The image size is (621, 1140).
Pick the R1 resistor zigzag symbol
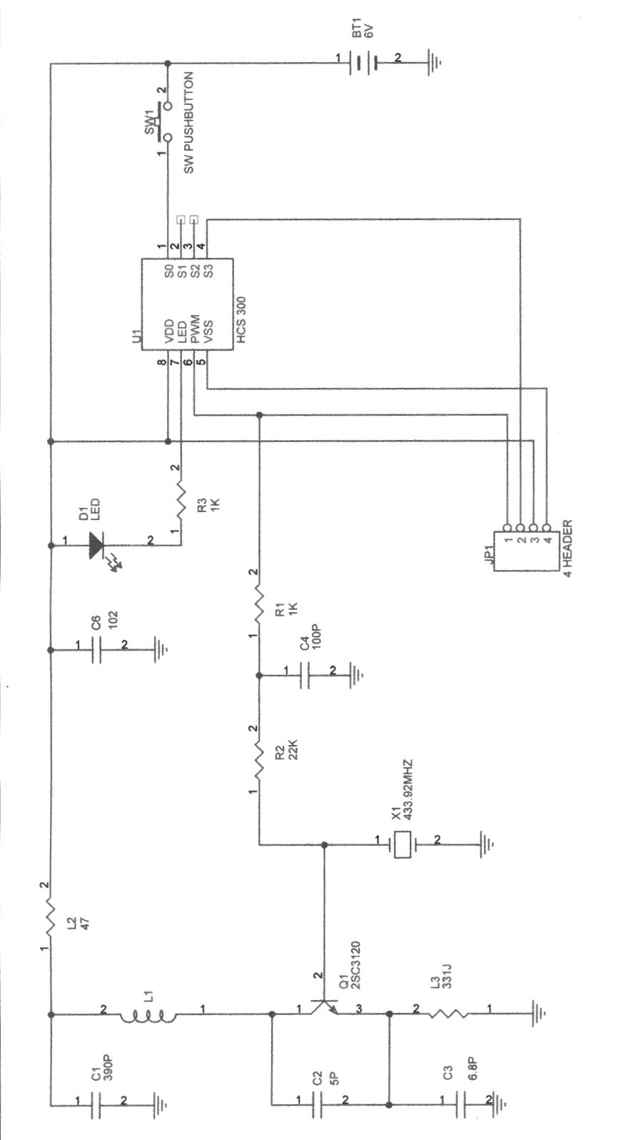click(259, 604)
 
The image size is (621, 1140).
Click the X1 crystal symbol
click(403, 845)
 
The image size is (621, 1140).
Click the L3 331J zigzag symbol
click(449, 1013)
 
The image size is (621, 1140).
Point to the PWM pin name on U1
click(194, 326)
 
